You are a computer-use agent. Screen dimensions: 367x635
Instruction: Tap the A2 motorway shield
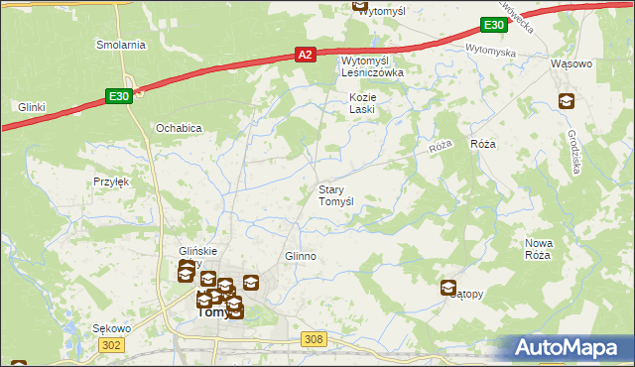pos(307,57)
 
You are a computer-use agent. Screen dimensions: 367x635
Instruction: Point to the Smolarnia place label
pos(120,45)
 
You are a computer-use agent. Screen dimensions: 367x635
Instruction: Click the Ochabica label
pos(180,128)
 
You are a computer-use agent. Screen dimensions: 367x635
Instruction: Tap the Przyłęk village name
pos(112,182)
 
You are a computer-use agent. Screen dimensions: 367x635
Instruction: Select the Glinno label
pos(301,256)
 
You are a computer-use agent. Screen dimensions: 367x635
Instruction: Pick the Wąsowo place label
pos(571,63)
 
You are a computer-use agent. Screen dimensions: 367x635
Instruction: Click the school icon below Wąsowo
pos(566,100)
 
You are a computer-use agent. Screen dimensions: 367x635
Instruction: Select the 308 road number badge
pos(315,340)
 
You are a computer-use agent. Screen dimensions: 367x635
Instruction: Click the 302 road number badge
pos(112,344)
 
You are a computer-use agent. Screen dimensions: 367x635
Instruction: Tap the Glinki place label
pos(33,106)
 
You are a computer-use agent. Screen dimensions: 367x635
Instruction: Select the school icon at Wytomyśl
pos(361,5)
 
